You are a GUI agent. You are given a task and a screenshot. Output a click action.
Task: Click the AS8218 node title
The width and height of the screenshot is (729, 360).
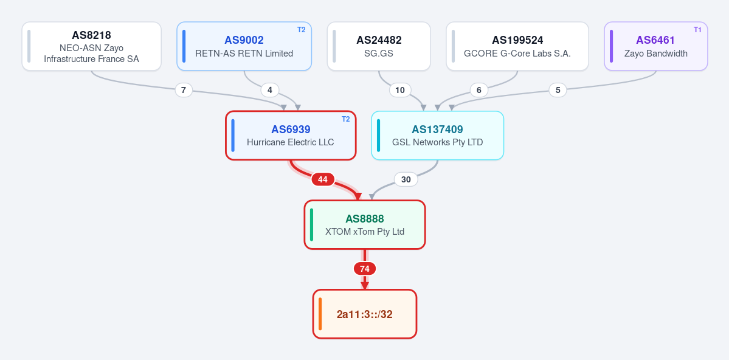pos(91,35)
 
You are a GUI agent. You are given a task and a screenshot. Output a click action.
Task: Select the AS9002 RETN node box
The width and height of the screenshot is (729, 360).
pos(244,46)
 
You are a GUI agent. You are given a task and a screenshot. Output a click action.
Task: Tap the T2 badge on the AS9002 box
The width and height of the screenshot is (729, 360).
pos(302,30)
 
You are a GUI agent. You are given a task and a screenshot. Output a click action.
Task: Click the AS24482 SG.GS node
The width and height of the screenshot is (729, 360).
pos(378,46)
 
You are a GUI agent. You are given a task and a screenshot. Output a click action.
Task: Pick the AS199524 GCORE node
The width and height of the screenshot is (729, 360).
pos(517,46)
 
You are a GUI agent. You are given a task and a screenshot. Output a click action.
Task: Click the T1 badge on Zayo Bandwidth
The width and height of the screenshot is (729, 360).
pos(697,30)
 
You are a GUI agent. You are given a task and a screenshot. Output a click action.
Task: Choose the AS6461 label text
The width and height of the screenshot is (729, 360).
pos(655,40)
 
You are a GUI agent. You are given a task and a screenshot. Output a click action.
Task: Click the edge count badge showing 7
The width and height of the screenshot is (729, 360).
pos(184,90)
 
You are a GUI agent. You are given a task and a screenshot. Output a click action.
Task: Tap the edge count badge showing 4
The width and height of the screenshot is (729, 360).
pos(270,90)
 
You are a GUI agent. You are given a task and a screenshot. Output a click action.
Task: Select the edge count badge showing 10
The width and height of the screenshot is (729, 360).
pos(400,90)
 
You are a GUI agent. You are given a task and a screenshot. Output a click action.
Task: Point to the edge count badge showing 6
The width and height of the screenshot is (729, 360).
pos(479,90)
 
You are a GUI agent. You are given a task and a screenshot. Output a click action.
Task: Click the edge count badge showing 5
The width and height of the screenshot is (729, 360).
pos(558,90)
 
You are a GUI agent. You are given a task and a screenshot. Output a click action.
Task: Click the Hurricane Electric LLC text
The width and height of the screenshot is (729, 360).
pos(291,142)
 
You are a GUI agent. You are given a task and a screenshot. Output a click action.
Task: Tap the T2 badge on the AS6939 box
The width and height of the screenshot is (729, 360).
pos(345,119)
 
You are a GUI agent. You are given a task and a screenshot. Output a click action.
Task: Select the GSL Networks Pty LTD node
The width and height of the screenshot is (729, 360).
pos(438,136)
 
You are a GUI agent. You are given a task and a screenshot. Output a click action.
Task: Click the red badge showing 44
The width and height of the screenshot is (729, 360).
pos(323,179)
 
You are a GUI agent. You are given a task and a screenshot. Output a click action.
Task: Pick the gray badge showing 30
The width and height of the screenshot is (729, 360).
pos(406,179)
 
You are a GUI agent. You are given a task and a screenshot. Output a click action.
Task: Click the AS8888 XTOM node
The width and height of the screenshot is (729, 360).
pos(365,224)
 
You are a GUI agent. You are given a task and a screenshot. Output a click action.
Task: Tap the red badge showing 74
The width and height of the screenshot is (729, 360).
pos(365,269)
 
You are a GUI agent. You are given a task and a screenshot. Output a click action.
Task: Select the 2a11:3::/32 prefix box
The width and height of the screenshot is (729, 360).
pos(365,314)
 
